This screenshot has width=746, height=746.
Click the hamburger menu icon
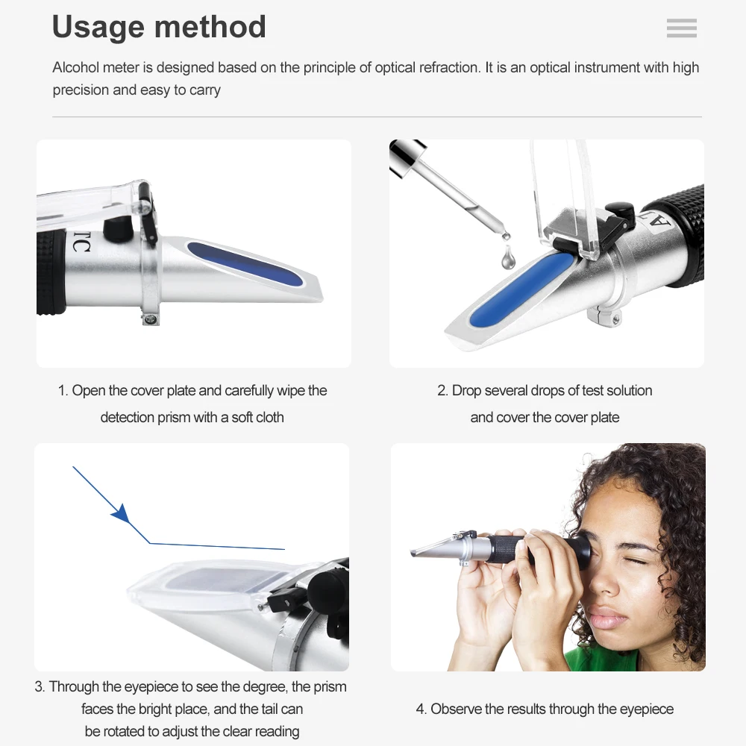tap(681, 28)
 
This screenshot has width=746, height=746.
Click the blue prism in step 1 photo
tap(245, 264)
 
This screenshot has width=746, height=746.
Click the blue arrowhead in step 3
tap(120, 513)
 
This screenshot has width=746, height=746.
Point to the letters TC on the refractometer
tap(81, 242)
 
